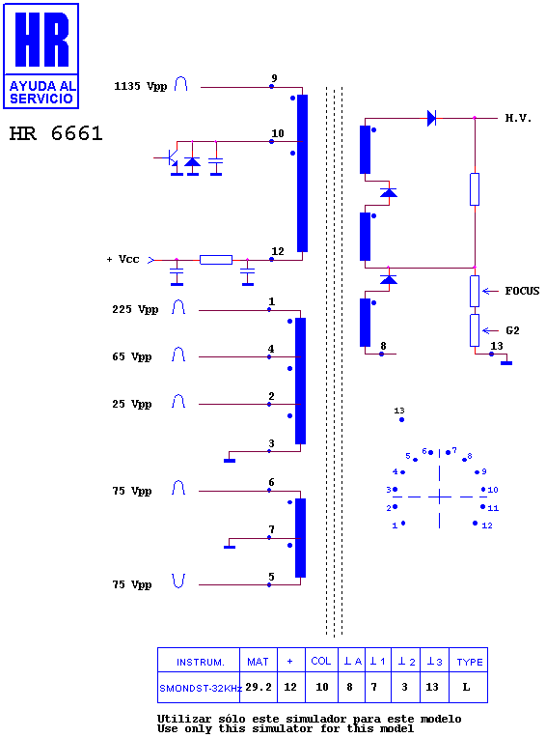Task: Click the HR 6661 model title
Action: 56,133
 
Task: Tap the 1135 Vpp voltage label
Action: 141,86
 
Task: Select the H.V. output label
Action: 518,118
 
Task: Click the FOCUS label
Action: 522,291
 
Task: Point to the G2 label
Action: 512,330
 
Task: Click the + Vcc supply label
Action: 123,259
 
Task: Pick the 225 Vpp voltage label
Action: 135,309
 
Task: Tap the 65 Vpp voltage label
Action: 131,356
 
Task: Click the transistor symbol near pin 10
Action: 171,158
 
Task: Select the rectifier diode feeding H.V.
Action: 431,118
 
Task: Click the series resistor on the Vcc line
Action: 216,260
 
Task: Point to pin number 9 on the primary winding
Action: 274,78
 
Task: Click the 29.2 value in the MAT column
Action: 259,687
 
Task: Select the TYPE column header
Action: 470,663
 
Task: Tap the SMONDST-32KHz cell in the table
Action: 201,688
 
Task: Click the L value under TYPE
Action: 466,687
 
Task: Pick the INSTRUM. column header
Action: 201,663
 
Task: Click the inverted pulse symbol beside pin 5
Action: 178,581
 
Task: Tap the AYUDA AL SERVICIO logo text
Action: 41,93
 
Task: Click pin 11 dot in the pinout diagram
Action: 482,506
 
